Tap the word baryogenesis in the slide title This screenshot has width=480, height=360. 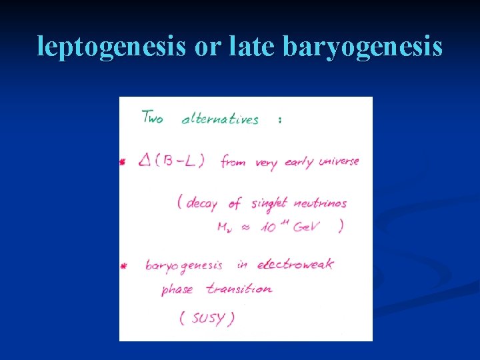[x=363, y=47]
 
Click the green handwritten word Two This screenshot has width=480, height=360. [x=152, y=118]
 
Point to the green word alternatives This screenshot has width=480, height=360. [x=220, y=120]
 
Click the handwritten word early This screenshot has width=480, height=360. [x=299, y=163]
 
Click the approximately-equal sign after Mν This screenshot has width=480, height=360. [x=245, y=227]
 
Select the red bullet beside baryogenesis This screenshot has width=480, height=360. [x=123, y=266]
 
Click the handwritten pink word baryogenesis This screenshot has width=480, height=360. [x=184, y=266]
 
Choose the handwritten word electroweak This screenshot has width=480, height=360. [x=295, y=264]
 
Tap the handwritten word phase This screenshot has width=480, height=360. [x=177, y=290]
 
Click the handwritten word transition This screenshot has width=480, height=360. [x=239, y=289]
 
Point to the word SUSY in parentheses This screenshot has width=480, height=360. [x=209, y=318]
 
